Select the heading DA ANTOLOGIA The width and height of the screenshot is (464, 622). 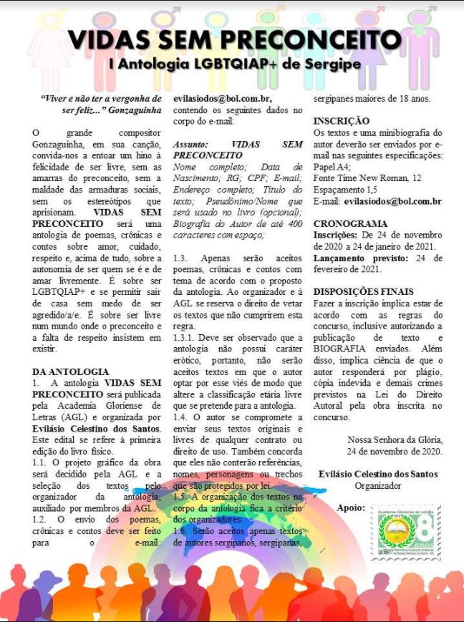coord(71,371)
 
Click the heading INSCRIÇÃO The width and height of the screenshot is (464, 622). coord(342,121)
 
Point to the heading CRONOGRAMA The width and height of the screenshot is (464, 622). coord(351,224)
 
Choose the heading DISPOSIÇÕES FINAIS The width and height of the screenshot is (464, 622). coord(363,291)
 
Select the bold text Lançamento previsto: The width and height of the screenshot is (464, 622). coord(359,258)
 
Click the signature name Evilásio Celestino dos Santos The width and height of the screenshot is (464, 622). coord(377,475)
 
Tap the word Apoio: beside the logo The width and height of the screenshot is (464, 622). coord(350,508)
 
